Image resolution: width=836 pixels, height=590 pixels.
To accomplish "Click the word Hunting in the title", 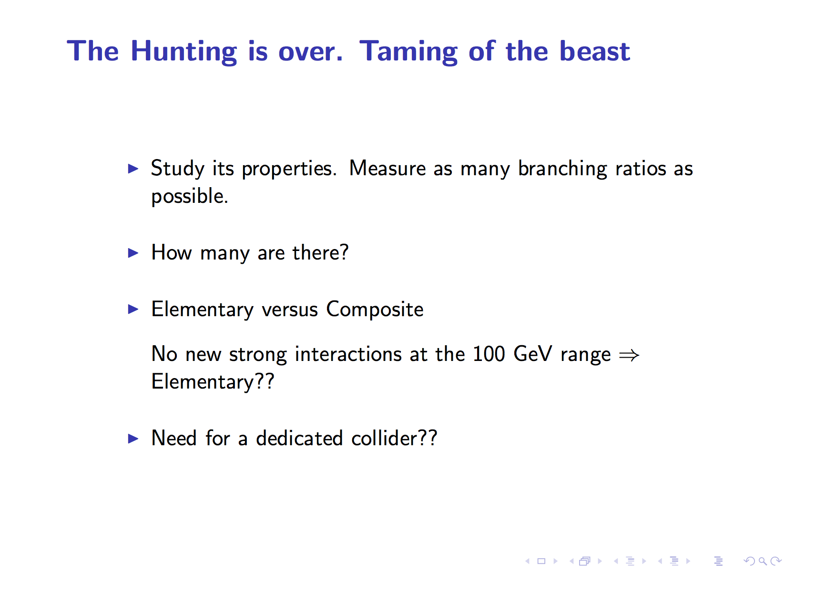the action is pyautogui.click(x=184, y=52).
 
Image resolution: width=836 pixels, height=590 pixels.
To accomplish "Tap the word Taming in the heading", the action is pyautogui.click(x=408, y=52).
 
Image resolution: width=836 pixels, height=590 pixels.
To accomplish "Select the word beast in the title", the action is pyautogui.click(x=594, y=51).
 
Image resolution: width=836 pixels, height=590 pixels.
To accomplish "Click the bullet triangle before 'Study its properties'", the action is pyautogui.click(x=133, y=169).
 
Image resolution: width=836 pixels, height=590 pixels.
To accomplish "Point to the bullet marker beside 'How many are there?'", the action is pyautogui.click(x=133, y=253).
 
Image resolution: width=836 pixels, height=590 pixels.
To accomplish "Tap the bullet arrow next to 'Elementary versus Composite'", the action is pyautogui.click(x=133, y=310).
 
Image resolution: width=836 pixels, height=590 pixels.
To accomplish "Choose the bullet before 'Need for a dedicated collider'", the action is pyautogui.click(x=133, y=439).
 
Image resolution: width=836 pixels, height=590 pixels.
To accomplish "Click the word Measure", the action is pyautogui.click(x=387, y=169).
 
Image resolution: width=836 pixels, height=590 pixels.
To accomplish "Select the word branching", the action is pyautogui.click(x=562, y=170).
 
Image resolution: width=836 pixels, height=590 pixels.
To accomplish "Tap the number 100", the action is pyautogui.click(x=489, y=354).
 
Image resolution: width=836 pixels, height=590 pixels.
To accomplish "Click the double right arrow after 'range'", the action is pyautogui.click(x=629, y=355).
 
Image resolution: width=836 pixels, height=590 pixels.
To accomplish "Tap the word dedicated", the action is pyautogui.click(x=299, y=438).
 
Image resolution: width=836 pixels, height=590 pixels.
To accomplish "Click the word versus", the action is pyautogui.click(x=290, y=310).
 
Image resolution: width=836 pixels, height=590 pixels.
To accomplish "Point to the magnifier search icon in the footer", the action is pyautogui.click(x=763, y=561).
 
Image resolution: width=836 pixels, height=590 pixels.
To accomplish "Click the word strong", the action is pyautogui.click(x=258, y=356).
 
